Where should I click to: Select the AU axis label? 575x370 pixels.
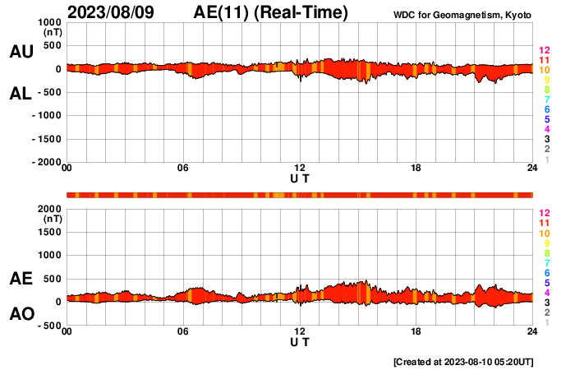pos(21,52)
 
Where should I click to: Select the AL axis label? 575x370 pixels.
pos(21,94)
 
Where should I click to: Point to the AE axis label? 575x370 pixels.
pos(21,280)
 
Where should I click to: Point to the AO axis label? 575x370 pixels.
pos(21,313)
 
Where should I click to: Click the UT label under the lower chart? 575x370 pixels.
pos(300,341)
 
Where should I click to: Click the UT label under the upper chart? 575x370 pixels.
pos(300,178)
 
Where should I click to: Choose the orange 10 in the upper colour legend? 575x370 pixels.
pos(544,71)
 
